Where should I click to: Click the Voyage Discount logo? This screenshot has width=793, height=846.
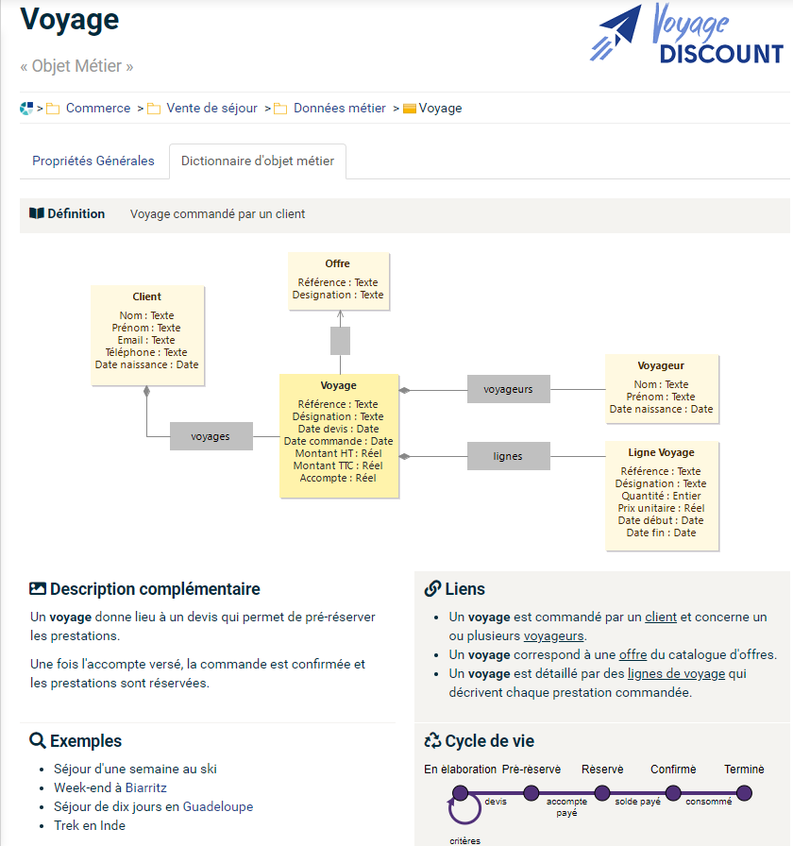click(686, 35)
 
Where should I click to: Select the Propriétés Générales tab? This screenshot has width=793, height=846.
click(93, 161)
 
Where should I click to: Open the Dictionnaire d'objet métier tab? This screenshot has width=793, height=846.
click(258, 161)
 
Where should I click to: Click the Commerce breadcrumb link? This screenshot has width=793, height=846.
click(98, 109)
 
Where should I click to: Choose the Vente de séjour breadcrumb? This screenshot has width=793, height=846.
click(212, 109)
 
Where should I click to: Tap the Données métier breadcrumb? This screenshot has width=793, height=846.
click(340, 109)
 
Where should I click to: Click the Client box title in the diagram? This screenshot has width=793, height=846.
click(147, 296)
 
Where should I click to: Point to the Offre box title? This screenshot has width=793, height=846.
click(338, 263)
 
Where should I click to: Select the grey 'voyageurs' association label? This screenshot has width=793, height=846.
click(508, 388)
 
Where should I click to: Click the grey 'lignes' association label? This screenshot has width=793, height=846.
click(508, 456)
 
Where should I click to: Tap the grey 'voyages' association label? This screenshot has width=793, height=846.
click(211, 436)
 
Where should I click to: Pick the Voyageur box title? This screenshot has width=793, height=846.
click(661, 365)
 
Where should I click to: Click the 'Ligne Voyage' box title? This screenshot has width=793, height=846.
click(661, 452)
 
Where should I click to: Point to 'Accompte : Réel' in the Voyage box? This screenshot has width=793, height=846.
click(338, 478)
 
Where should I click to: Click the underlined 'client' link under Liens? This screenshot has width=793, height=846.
click(661, 618)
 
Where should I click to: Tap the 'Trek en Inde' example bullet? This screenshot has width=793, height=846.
click(90, 825)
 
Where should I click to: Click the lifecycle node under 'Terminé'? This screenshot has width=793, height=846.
click(744, 793)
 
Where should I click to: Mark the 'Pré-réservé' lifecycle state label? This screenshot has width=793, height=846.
click(531, 770)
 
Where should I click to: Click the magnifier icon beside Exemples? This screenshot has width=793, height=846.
click(38, 741)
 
